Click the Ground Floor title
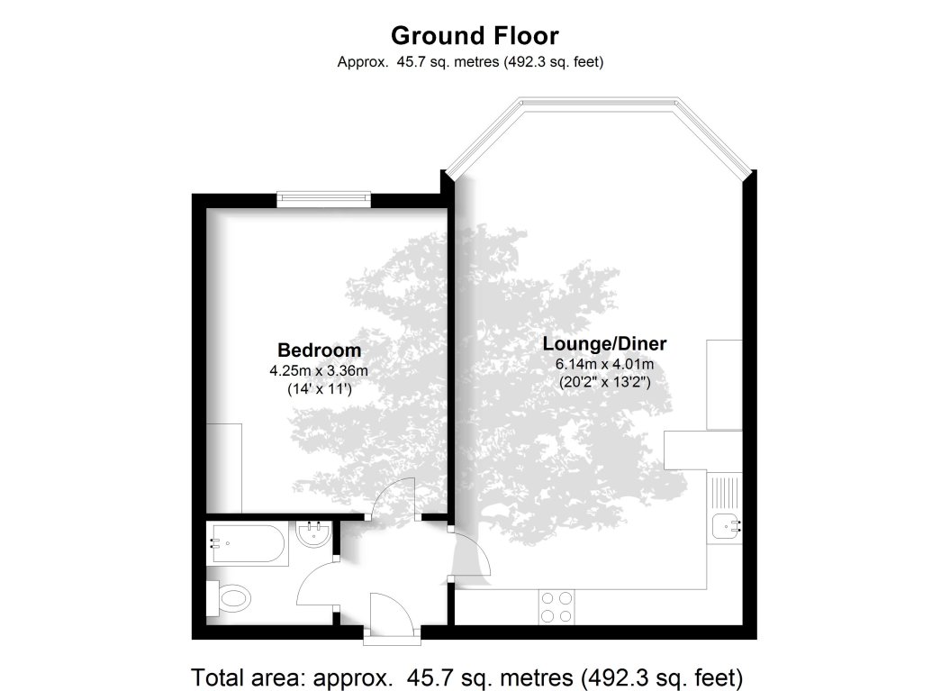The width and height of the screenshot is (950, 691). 475,36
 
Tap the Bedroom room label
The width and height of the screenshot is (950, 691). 319,350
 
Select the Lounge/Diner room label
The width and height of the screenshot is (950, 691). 604,344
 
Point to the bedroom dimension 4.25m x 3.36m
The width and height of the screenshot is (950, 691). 319,370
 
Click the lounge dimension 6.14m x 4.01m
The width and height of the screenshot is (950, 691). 604,364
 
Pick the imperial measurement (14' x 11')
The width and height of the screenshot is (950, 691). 319,389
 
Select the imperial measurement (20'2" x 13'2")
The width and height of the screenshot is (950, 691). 604,382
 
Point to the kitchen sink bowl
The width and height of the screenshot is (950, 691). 724,524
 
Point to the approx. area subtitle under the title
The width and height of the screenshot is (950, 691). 469,62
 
